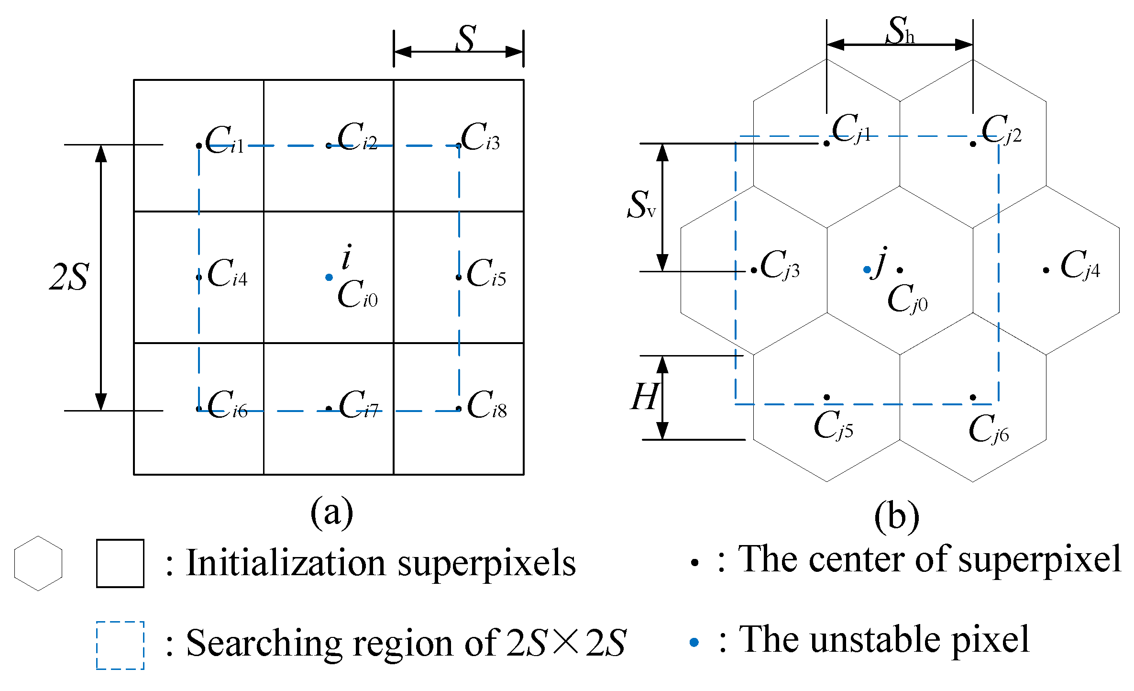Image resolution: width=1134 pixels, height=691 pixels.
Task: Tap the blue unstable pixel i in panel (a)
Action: (329, 277)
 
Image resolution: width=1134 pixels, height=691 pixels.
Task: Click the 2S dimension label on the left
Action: (69, 278)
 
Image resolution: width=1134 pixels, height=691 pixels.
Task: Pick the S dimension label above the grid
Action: (465, 38)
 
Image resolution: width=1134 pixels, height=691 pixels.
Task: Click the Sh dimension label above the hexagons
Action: (900, 31)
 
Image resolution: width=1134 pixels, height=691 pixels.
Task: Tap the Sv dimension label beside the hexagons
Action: (641, 205)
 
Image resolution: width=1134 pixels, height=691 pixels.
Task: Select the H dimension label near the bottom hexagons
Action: (644, 397)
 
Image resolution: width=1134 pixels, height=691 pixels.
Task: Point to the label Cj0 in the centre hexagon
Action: (907, 299)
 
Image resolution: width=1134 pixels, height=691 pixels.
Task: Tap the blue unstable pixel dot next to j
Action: (867, 270)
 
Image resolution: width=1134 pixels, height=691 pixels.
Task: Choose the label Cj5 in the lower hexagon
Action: (833, 425)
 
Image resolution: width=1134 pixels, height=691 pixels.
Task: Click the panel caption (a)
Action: (331, 513)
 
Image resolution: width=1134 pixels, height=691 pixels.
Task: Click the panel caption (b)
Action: (896, 517)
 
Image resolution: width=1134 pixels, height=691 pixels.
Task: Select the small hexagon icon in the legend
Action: (38, 563)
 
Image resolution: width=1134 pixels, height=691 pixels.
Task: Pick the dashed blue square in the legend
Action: (120, 645)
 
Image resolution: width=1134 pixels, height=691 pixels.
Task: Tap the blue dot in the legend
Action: (694, 642)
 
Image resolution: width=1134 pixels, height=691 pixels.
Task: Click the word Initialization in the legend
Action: (286, 563)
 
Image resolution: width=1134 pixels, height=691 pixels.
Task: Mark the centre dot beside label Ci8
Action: (458, 409)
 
